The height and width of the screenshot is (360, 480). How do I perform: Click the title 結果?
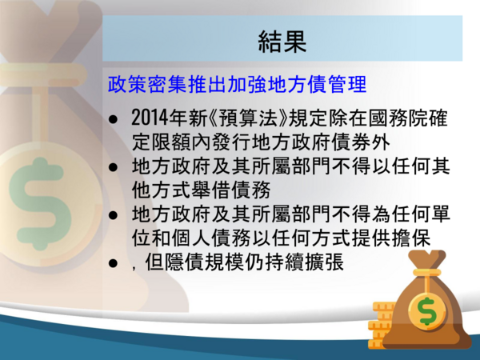(282, 41)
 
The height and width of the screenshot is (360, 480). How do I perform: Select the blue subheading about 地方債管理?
(237, 84)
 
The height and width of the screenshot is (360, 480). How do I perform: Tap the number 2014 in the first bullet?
(150, 118)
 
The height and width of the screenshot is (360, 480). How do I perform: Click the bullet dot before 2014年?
(113, 119)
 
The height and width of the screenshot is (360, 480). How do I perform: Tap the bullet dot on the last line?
(113, 263)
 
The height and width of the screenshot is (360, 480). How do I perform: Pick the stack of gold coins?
(379, 325)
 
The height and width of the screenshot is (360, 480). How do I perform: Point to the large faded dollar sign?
(41, 203)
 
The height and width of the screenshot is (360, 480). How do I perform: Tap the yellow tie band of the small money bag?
(426, 273)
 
